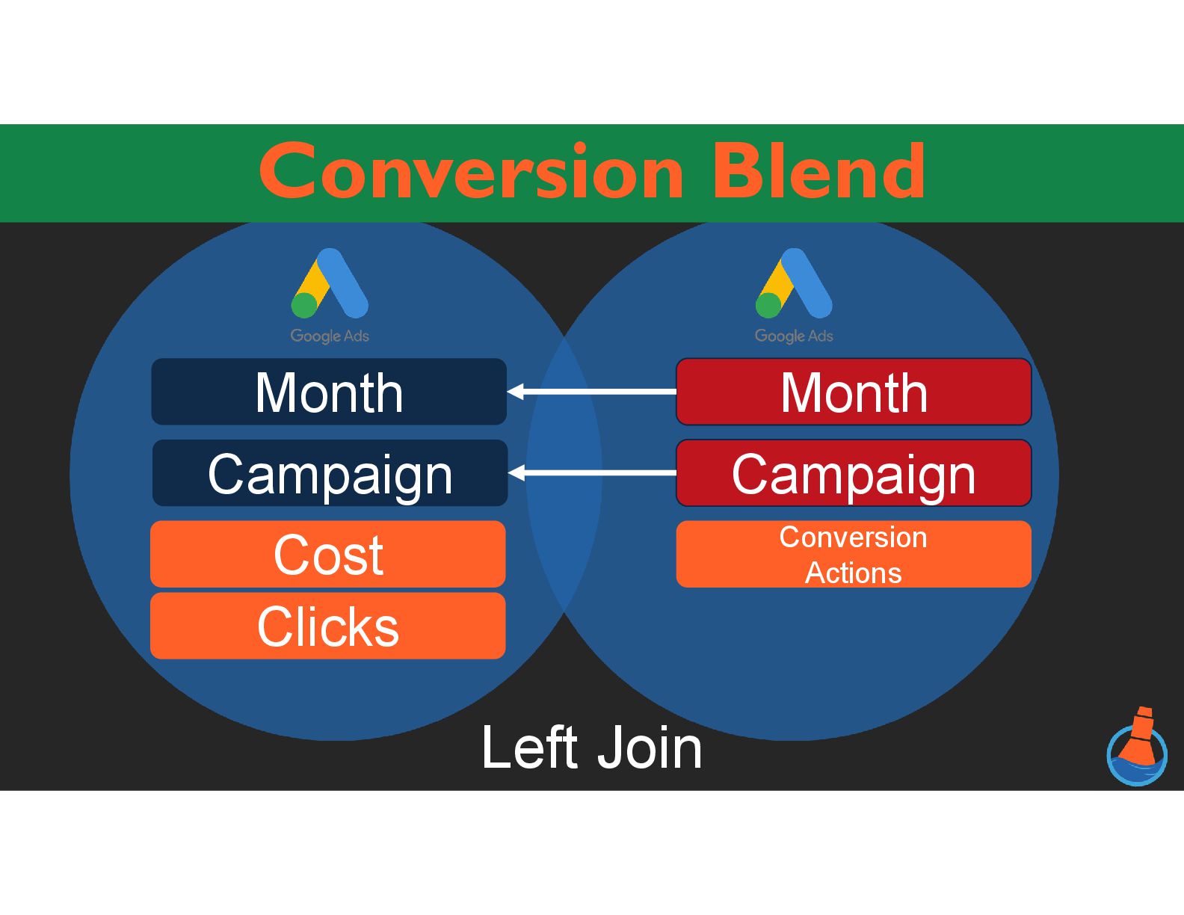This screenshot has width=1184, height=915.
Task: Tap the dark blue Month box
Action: pyautogui.click(x=329, y=392)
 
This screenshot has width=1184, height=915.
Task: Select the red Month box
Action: pyautogui.click(x=854, y=392)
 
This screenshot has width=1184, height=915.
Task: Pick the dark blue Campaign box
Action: pyautogui.click(x=330, y=473)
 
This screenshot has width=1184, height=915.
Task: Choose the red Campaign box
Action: pyautogui.click(x=854, y=473)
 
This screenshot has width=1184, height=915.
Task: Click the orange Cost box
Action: pyautogui.click(x=328, y=554)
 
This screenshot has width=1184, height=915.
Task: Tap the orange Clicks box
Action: pyautogui.click(x=328, y=626)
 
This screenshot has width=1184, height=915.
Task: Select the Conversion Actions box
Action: pyautogui.click(x=854, y=554)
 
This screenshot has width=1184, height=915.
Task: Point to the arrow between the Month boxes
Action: pyautogui.click(x=591, y=391)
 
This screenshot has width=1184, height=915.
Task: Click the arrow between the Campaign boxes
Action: pyautogui.click(x=591, y=472)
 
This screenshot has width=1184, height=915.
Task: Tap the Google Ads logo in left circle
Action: pyautogui.click(x=330, y=284)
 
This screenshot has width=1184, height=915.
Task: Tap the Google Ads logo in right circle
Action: pyautogui.click(x=794, y=284)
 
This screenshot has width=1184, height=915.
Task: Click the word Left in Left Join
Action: pyautogui.click(x=528, y=747)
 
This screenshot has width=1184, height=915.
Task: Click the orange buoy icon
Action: pyautogui.click(x=1137, y=746)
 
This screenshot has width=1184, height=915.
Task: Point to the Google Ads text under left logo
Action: pyautogui.click(x=330, y=336)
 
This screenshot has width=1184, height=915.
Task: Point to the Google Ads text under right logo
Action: pyautogui.click(x=794, y=336)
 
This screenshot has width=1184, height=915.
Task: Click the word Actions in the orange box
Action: pyautogui.click(x=854, y=573)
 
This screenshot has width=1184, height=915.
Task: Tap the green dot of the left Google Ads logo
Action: pyautogui.click(x=304, y=306)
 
